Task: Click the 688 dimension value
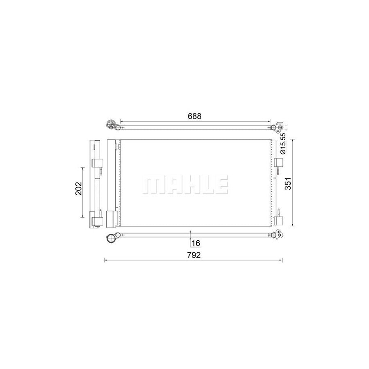pyautogui.click(x=195, y=116)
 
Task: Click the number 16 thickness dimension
pyautogui.click(x=196, y=243)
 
